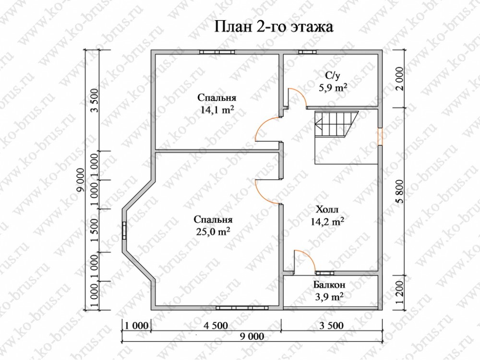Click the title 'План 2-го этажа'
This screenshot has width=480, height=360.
pyautogui.click(x=274, y=27)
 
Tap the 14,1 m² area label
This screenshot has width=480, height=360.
pyautogui.click(x=217, y=109)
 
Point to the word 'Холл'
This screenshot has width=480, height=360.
pyautogui.click(x=327, y=210)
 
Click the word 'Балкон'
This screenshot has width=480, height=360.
pyautogui.click(x=329, y=285)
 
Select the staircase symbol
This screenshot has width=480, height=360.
pyautogui.click(x=337, y=125)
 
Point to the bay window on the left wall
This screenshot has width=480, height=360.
pyautogui.click(x=125, y=230)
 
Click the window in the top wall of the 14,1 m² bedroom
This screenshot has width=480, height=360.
pyautogui.click(x=217, y=52)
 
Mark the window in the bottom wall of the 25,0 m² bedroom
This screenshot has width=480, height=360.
pyautogui.click(x=242, y=308)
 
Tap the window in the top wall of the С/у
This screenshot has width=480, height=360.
pyautogui.click(x=307, y=52)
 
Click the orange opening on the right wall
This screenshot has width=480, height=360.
pyautogui.click(x=380, y=136)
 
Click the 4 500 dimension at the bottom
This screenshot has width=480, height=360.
pyautogui.click(x=216, y=325)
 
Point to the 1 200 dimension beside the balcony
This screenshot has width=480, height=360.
pyautogui.click(x=402, y=292)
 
